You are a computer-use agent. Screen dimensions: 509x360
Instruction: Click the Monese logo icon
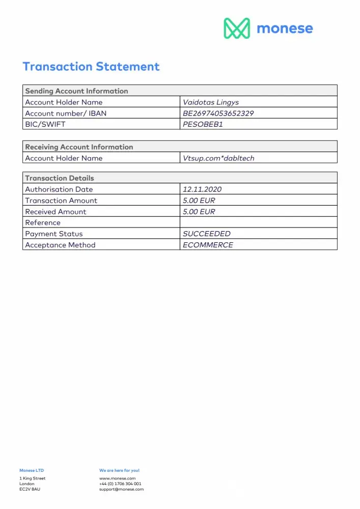237,29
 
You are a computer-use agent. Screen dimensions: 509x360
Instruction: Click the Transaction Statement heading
91,67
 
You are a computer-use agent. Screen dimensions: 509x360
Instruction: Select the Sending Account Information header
76,91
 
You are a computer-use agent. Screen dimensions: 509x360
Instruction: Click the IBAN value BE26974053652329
218,114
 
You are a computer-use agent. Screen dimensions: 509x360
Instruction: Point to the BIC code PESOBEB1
203,124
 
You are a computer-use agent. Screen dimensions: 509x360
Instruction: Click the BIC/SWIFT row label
45,124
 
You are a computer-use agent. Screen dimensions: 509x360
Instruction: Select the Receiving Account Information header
79,147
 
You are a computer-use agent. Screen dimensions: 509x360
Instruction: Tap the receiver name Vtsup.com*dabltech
218,158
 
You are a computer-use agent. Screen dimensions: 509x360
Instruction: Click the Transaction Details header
60,178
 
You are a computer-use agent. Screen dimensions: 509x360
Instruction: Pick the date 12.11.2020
202,189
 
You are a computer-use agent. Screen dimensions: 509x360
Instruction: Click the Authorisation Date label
59,189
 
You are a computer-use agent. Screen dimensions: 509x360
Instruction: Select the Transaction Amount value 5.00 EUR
199,201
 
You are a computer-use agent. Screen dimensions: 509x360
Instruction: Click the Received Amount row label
56,212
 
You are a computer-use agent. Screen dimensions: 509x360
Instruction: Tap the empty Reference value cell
258,222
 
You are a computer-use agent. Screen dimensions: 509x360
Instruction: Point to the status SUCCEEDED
207,234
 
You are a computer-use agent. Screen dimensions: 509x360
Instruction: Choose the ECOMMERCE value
208,245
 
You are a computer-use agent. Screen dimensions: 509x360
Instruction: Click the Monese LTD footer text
32,470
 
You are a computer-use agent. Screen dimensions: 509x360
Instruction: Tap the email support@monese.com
121,489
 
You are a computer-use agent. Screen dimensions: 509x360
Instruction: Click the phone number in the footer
120,484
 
